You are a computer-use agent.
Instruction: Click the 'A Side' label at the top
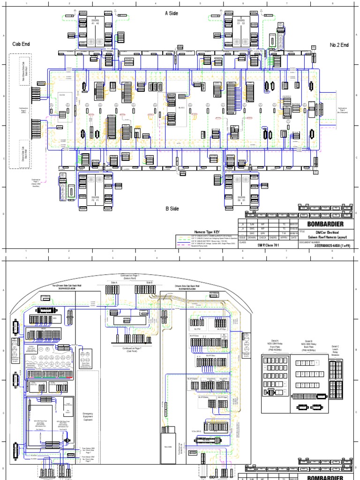tap(172, 14)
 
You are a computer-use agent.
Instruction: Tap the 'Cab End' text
tap(21, 44)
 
